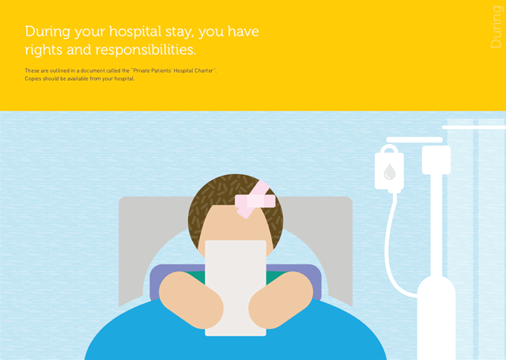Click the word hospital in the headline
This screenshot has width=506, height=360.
point(135,32)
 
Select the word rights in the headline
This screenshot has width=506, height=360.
point(44,51)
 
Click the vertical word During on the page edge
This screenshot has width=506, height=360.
point(496,27)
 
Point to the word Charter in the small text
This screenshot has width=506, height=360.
point(203,70)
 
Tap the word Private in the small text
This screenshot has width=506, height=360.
point(142,70)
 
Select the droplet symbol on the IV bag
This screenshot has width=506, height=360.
point(390,171)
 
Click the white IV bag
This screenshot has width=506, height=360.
point(389,169)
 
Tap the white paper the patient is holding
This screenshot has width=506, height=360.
point(236,288)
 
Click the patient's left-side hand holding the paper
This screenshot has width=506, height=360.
point(191,300)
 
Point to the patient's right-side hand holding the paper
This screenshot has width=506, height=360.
point(281,300)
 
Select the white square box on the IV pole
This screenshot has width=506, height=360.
point(436,160)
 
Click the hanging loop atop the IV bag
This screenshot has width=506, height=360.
point(389,149)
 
